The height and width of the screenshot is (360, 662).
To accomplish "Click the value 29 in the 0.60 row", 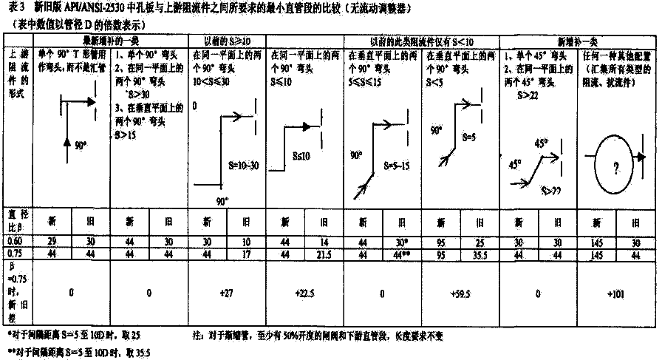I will (52, 240).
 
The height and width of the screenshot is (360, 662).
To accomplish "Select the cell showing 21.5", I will (324, 253).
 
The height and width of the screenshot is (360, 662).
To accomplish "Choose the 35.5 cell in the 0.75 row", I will (479, 253).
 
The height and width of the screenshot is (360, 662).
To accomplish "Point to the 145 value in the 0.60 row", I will (596, 241).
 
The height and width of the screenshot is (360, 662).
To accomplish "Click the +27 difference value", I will (227, 293).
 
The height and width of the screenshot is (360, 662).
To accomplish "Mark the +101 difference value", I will (615, 293).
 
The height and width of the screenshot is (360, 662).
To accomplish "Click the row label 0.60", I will (14, 241).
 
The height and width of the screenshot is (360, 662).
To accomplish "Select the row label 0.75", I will (14, 253).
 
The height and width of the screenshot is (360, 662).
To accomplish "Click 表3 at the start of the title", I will (16, 8).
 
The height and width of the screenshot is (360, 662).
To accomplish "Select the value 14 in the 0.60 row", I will (324, 241).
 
